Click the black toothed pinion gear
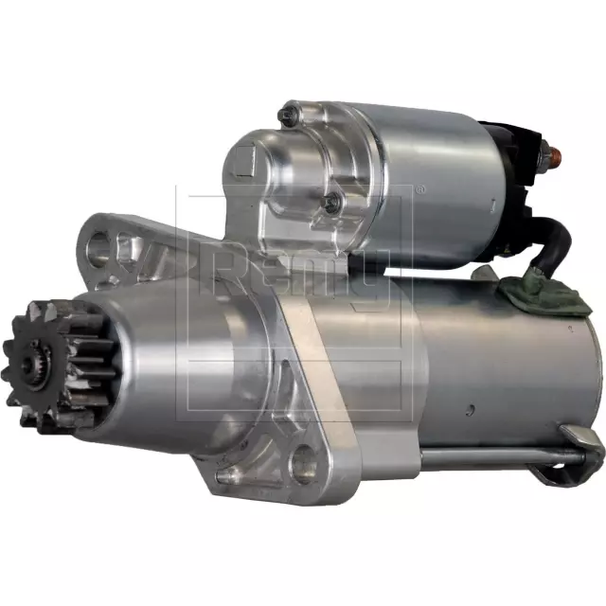coord(59,365)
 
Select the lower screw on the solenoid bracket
coord(330,202)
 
